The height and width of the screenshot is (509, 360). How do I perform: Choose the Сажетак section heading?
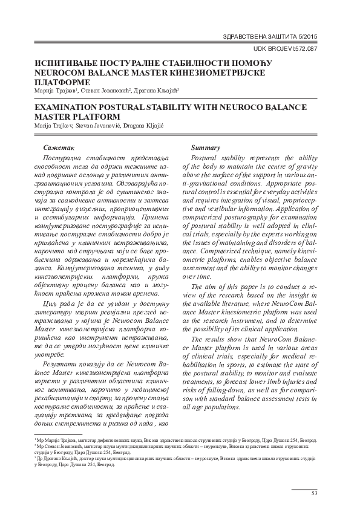(59, 148)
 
